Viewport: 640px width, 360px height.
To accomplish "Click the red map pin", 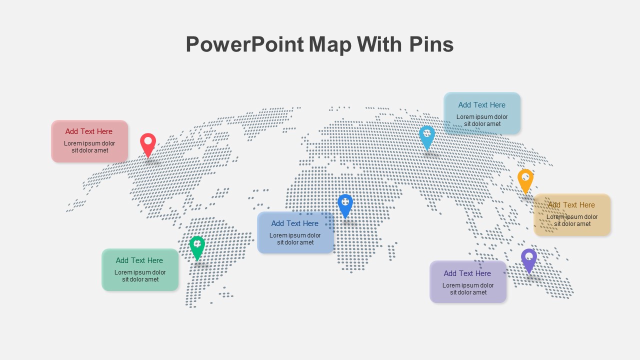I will click(x=148, y=144).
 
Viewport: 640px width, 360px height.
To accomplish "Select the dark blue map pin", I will click(x=345, y=205).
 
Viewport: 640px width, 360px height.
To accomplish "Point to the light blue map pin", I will click(x=426, y=136).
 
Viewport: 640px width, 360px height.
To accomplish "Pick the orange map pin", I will click(x=525, y=180).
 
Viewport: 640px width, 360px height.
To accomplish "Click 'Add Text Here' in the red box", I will click(x=89, y=131).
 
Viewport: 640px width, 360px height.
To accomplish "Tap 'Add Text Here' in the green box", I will click(x=139, y=260).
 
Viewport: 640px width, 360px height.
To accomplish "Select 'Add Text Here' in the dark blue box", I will click(x=295, y=223).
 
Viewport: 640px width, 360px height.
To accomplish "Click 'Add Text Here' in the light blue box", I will click(x=482, y=105).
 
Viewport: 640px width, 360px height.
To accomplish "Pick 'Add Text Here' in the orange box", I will click(x=571, y=205).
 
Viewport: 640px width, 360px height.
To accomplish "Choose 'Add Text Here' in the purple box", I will click(x=467, y=273).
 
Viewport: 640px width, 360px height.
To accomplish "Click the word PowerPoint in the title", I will click(x=244, y=44).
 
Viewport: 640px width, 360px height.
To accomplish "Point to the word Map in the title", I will click(x=330, y=44).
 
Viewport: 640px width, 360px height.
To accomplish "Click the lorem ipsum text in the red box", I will click(x=89, y=147).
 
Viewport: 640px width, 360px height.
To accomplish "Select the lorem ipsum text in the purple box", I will click(x=468, y=289).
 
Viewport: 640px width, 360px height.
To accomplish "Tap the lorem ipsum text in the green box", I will click(x=140, y=276).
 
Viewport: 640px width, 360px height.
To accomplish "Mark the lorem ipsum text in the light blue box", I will click(x=482, y=120).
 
